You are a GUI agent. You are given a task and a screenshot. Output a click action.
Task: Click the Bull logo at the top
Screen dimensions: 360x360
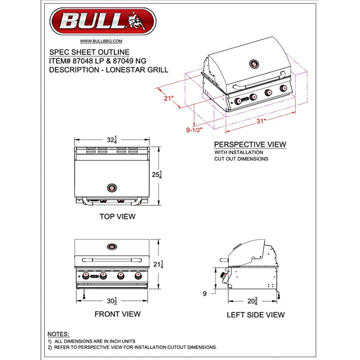(103, 21)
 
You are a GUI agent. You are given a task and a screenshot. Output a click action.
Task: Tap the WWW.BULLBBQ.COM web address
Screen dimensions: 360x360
(101, 41)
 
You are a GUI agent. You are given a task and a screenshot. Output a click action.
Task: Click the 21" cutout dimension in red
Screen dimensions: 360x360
(168, 98)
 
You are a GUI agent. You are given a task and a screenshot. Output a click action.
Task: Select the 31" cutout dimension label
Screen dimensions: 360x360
(261, 121)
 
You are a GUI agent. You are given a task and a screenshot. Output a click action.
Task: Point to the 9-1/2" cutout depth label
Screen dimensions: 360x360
(194, 130)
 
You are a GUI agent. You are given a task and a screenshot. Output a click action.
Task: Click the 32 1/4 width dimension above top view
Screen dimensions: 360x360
(112, 139)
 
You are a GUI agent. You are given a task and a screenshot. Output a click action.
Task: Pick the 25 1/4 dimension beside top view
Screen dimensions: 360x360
(157, 175)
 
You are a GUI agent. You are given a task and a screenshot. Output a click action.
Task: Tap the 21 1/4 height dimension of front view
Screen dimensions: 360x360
(158, 264)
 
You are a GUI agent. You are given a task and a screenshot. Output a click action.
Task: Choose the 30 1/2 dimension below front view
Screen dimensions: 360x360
(112, 301)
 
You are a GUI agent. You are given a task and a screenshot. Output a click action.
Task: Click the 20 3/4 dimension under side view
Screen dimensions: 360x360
(252, 301)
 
